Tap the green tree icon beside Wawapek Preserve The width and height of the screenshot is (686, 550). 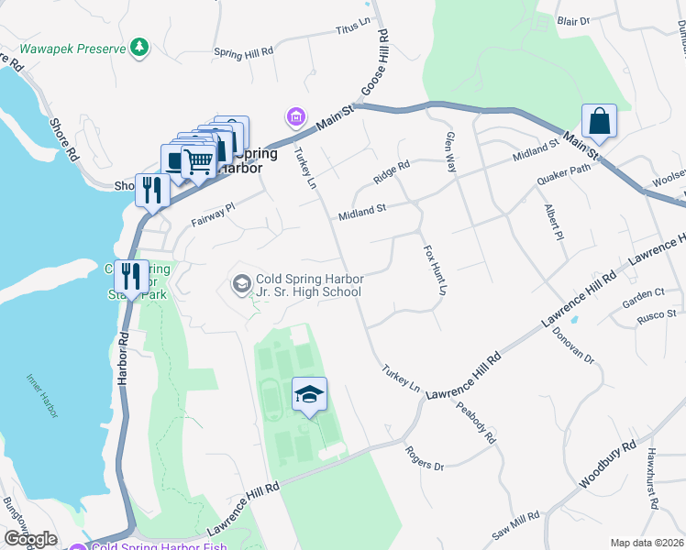point(138,47)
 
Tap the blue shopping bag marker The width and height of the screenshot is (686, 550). point(599,121)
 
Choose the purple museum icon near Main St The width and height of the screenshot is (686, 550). point(295,116)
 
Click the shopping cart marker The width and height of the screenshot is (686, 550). point(197,162)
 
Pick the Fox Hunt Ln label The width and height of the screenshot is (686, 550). point(434,269)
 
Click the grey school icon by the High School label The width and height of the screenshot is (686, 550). point(241,284)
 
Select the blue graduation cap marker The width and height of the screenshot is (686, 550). point(310,395)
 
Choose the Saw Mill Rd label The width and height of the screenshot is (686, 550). point(514,527)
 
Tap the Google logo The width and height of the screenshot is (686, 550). point(30,539)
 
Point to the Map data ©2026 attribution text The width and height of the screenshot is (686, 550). point(646,543)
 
